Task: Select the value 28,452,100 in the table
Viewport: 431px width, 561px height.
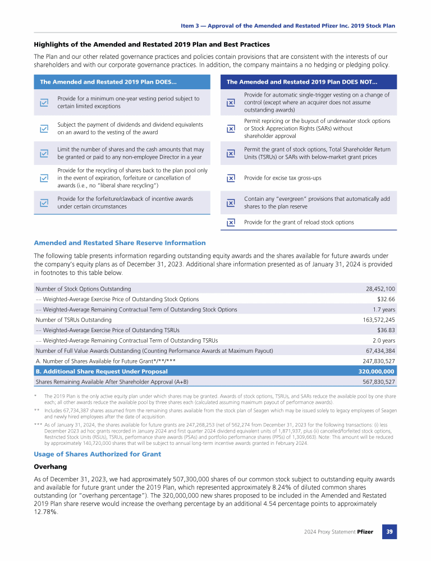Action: [x=380, y=288]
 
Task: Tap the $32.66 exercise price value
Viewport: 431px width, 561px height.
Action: [x=384, y=299]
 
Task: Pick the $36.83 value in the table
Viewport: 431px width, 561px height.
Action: [x=384, y=330]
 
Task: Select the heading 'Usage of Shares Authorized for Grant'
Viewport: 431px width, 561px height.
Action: [x=97, y=454]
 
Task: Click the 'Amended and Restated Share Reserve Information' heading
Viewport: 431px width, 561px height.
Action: [x=120, y=243]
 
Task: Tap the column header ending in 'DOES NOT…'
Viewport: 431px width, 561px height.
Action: [x=302, y=82]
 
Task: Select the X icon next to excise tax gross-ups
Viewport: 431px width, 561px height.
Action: [x=231, y=178]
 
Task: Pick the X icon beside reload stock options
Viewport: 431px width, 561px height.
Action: [x=231, y=222]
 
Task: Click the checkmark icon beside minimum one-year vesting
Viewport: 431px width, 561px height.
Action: [x=44, y=103]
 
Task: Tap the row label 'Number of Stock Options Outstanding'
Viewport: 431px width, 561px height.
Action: [x=83, y=288]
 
